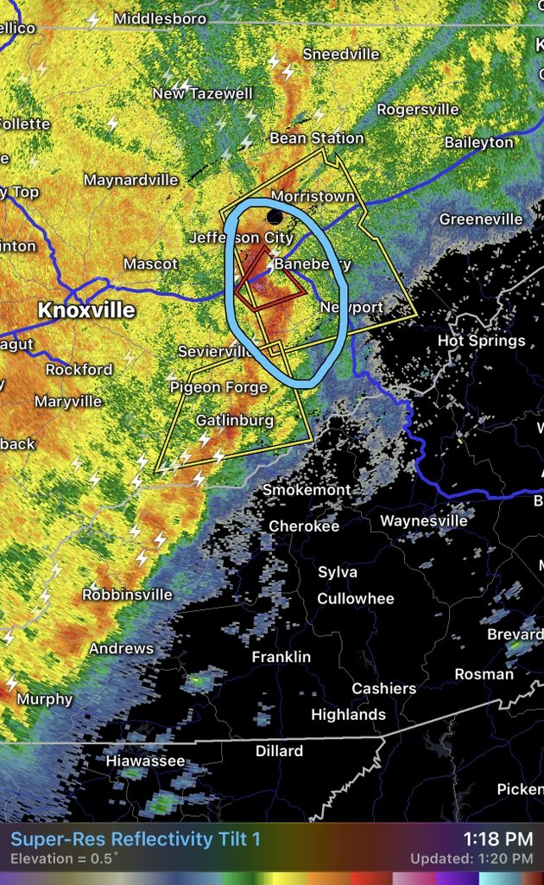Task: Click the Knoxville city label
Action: tap(85, 309)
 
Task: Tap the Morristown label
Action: tap(313, 197)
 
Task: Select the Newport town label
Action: tap(351, 308)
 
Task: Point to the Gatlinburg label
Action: tap(234, 420)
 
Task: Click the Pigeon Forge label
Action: tap(218, 386)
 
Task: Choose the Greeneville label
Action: tap(481, 220)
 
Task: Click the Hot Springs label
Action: tap(482, 341)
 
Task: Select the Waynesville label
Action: tap(424, 520)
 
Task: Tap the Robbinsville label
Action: tap(127, 595)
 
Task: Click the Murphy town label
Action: tap(45, 699)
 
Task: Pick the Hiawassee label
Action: tap(145, 761)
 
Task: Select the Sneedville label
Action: tap(341, 54)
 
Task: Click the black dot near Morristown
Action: tap(275, 216)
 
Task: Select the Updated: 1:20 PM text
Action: tap(471, 859)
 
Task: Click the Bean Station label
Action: tap(316, 138)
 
